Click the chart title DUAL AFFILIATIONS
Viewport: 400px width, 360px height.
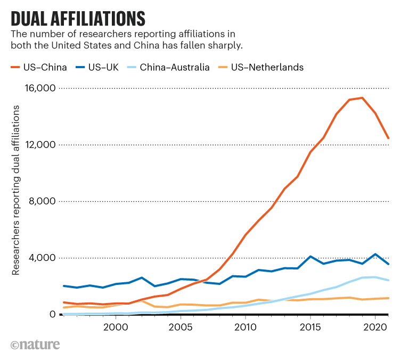(78, 18)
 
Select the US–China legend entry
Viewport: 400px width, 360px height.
(39, 67)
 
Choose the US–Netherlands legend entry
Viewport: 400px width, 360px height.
(261, 67)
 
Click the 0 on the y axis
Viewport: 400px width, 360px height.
(52, 314)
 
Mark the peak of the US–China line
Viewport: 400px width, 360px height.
(362, 97)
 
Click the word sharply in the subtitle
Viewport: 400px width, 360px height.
(226, 46)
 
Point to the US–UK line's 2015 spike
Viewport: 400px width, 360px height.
(311, 256)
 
